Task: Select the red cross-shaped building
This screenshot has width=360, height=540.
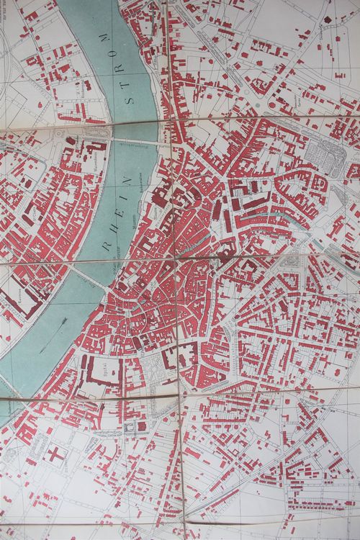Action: [55, 454]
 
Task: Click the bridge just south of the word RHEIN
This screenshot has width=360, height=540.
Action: [86, 276]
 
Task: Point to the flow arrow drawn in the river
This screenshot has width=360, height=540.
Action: [51, 339]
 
